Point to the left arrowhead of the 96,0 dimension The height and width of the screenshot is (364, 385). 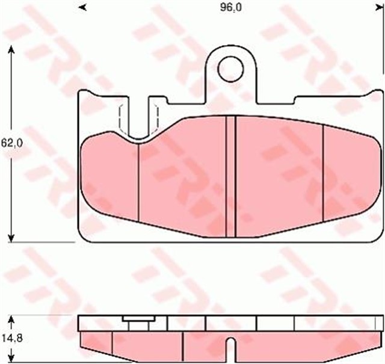pyautogui.click(x=82, y=7)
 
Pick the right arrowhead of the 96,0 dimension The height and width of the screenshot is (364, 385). pyautogui.click(x=381, y=7)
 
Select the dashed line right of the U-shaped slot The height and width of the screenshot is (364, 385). pyautogui.click(x=157, y=117)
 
